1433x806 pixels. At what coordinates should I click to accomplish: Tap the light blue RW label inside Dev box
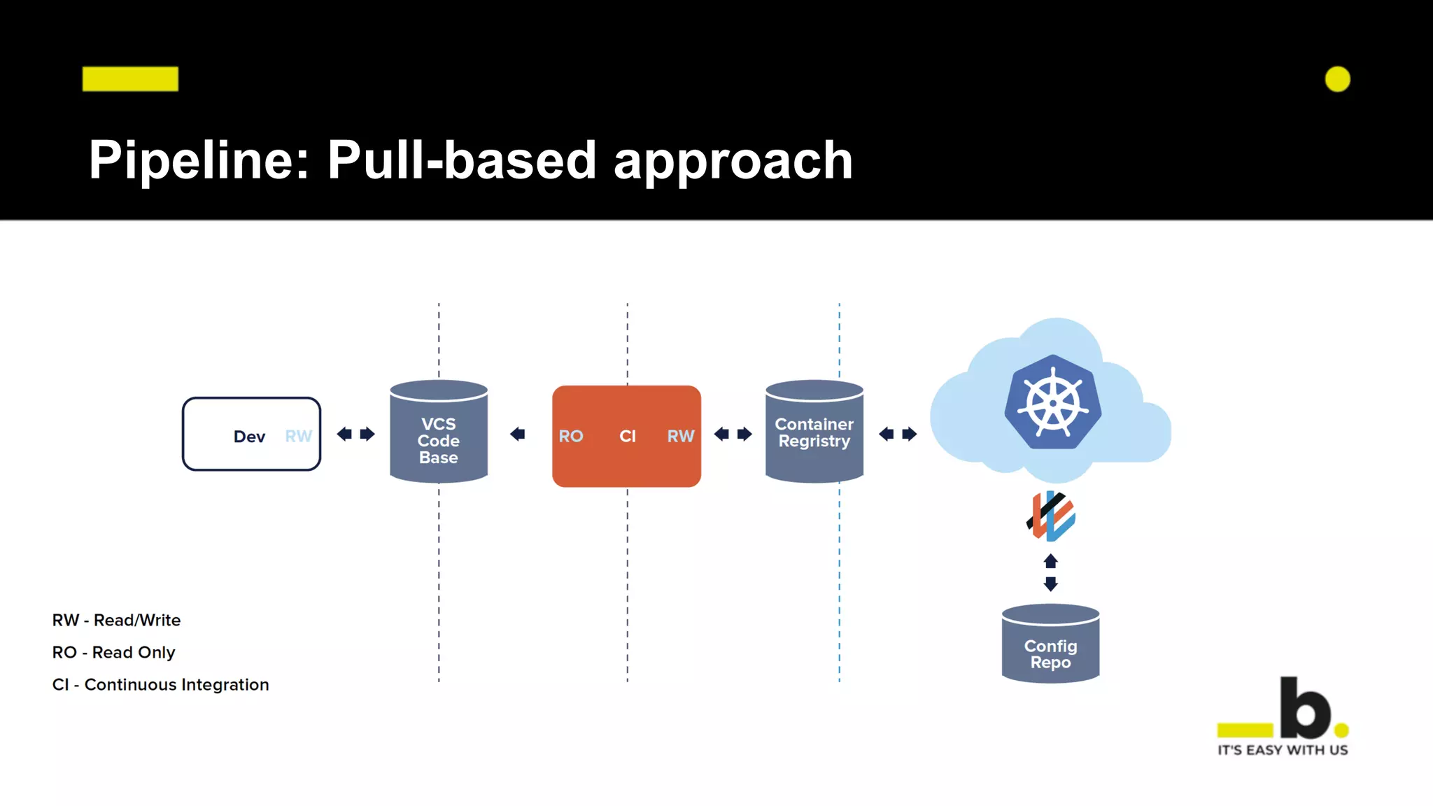[x=298, y=437]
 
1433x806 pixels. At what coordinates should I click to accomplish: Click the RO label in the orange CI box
[x=571, y=437]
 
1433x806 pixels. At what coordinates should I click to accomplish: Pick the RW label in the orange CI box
[x=680, y=437]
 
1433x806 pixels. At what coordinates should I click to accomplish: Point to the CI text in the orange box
[x=628, y=437]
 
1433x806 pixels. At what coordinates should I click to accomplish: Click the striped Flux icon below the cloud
[x=1051, y=516]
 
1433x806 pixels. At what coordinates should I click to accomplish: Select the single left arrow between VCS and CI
[x=518, y=434]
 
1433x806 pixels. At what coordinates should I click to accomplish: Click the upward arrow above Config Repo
[x=1050, y=561]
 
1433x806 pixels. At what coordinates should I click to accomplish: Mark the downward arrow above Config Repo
[x=1050, y=584]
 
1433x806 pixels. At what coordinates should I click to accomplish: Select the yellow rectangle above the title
[x=130, y=79]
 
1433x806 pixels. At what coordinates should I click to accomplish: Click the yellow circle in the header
[x=1337, y=79]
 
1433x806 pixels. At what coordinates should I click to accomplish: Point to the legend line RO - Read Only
[x=114, y=652]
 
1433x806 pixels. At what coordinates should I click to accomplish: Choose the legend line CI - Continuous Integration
[x=160, y=684]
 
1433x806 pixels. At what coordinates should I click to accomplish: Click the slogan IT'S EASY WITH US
[x=1282, y=750]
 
